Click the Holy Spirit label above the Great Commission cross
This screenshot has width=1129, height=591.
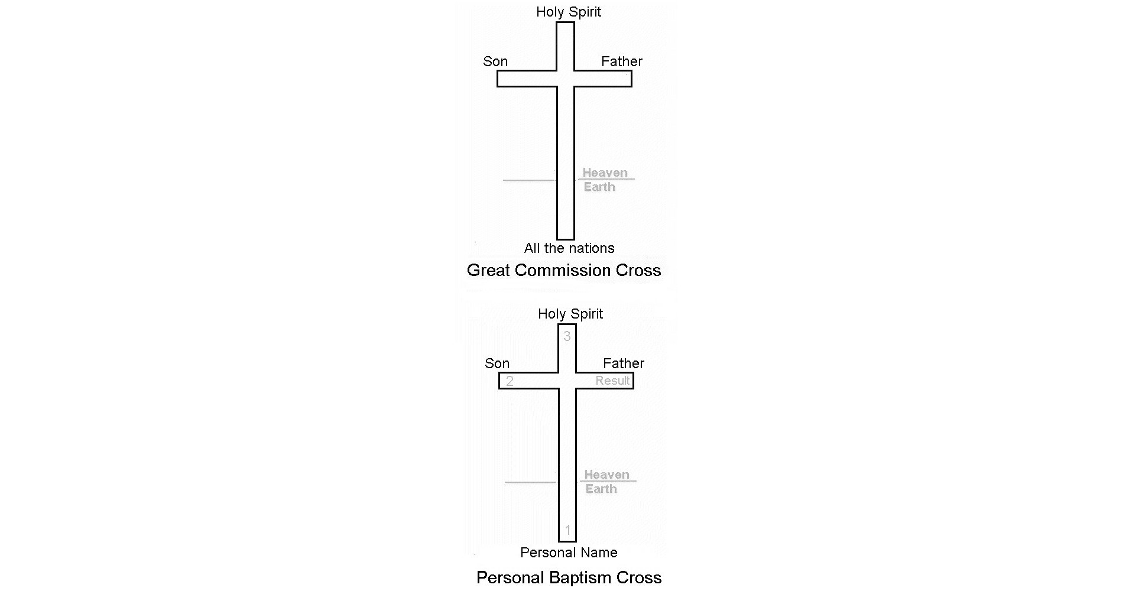click(568, 12)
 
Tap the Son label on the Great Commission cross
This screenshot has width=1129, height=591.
click(495, 61)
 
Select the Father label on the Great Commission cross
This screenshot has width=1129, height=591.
click(621, 61)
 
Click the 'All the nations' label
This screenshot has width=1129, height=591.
click(569, 248)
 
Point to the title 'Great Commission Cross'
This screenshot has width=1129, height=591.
click(563, 270)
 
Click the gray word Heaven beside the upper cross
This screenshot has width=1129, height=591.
click(605, 173)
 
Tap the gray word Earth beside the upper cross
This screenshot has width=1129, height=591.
click(599, 187)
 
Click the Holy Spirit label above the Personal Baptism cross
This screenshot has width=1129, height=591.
click(570, 314)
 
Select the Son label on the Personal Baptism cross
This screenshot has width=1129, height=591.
click(497, 363)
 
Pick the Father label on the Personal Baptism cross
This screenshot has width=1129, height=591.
click(623, 363)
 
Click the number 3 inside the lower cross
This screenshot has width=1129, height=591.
click(567, 336)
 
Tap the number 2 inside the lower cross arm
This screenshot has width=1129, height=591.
click(510, 381)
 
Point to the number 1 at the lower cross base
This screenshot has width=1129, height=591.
click(567, 530)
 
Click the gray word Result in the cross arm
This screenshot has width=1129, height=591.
click(612, 381)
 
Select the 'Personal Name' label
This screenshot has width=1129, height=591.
click(569, 553)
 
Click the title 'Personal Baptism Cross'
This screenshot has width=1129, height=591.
click(569, 577)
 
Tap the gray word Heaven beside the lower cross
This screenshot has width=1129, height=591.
click(606, 475)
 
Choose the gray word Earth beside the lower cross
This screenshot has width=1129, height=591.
click(601, 489)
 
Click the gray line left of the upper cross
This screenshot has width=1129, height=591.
click(528, 180)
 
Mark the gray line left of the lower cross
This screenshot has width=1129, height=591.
click(530, 482)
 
